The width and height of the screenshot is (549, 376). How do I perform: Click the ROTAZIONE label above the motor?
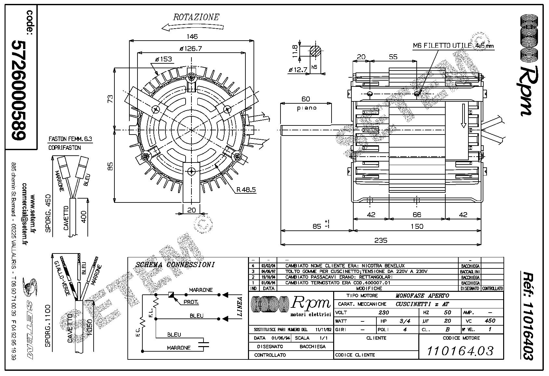point(196,17)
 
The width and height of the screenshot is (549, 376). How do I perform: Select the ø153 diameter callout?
point(163,59)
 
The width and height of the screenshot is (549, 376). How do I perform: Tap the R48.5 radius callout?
point(246,189)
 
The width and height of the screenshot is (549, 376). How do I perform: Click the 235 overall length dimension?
point(381,240)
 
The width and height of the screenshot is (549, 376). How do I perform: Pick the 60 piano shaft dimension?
point(306,99)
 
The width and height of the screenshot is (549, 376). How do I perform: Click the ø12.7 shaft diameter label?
point(298,69)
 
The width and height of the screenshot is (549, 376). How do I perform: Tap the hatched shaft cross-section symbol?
point(315,51)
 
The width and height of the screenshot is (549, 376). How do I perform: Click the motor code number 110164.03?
point(460,351)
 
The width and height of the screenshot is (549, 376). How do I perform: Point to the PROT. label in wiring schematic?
point(191,302)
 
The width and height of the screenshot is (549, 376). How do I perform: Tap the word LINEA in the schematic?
point(240,306)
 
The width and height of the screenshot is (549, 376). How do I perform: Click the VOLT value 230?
point(384,313)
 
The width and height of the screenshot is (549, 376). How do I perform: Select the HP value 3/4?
point(404,321)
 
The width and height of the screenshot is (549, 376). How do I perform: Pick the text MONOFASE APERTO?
point(422,296)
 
